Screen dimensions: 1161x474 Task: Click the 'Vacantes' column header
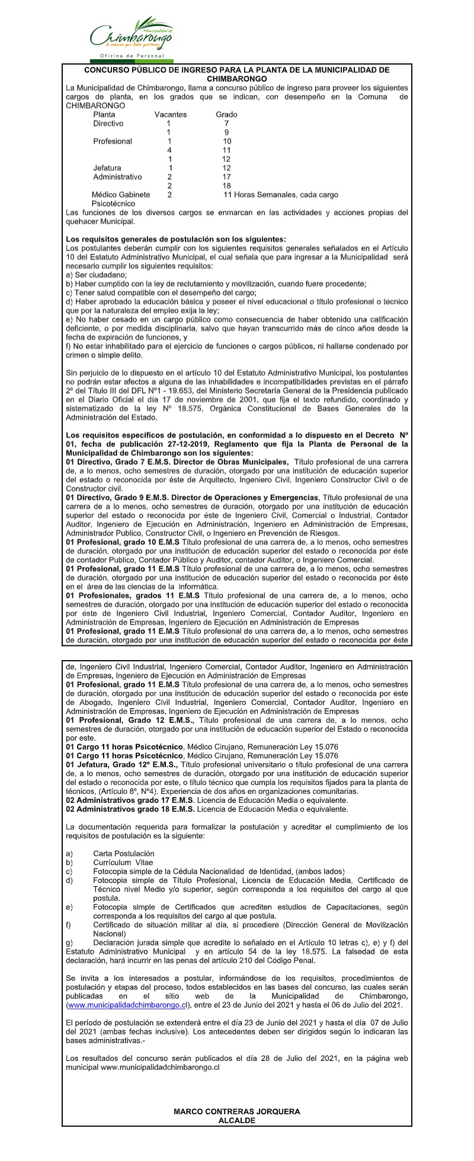[171, 114]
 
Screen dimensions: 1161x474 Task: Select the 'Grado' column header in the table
[226, 114]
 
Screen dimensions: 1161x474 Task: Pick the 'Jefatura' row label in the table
[107, 168]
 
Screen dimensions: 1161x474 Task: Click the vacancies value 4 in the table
[169, 150]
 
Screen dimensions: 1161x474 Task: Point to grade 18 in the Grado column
[226, 185]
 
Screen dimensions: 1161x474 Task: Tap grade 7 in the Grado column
[226, 123]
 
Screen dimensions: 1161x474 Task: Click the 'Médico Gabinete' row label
[121, 194]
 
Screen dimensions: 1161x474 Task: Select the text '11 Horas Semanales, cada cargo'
[281, 194]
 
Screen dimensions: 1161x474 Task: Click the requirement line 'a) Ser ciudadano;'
[97, 275]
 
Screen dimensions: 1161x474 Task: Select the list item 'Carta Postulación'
[123, 853]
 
